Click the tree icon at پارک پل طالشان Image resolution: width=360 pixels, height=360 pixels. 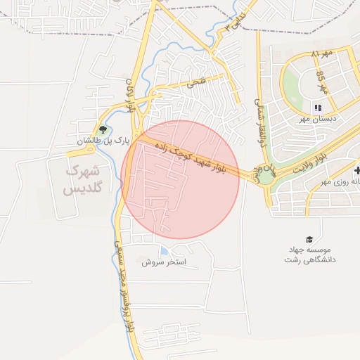(x=103, y=129)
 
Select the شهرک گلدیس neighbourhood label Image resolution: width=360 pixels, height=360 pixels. (x=82, y=180)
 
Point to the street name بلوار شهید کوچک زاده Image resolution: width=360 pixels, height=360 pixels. (x=199, y=156)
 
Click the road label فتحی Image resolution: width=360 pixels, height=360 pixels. (x=195, y=84)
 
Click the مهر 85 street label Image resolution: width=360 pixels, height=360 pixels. (x=322, y=81)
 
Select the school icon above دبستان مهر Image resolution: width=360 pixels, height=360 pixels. (x=318, y=108)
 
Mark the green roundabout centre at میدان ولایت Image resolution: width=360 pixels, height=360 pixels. (x=266, y=173)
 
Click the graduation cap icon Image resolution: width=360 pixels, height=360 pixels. (x=308, y=240)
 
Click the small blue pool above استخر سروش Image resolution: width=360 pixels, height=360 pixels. (x=164, y=251)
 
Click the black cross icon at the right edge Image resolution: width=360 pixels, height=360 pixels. (x=357, y=170)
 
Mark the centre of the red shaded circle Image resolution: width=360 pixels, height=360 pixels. (x=180, y=180)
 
